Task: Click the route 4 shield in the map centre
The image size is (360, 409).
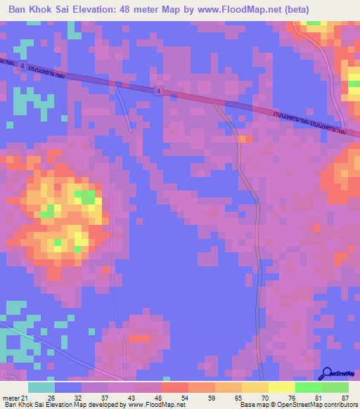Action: point(159,91)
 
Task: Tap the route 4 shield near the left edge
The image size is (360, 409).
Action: point(23,65)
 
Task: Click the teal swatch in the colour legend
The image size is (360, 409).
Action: point(41,387)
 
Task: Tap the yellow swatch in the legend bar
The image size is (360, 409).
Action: point(281,387)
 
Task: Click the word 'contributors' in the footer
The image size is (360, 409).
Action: point(338,404)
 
